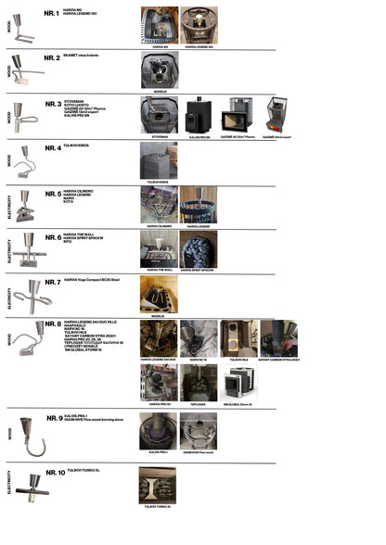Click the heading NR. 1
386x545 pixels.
52,14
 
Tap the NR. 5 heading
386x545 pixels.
52,194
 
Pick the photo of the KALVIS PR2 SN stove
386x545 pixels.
198,115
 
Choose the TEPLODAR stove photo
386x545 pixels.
198,383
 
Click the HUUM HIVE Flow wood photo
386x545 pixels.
198,431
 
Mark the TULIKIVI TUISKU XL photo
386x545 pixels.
158,485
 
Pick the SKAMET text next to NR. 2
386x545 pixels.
72,57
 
